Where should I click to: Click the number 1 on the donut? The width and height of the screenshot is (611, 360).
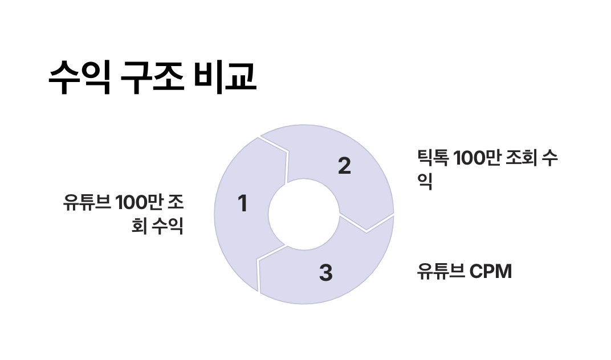243,204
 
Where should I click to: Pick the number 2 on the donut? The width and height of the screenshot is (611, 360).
344,166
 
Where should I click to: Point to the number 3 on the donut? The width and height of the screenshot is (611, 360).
325,273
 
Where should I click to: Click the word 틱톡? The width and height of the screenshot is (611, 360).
433,158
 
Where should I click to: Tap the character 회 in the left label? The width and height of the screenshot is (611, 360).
138,226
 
